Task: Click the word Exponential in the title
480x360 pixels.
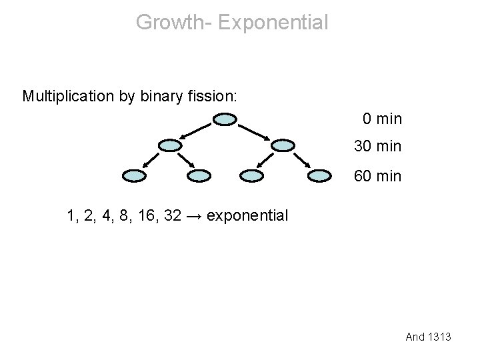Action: (273, 22)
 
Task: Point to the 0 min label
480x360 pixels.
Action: (383, 119)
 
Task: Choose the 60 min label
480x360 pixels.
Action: (378, 176)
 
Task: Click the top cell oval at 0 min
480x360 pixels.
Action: (225, 120)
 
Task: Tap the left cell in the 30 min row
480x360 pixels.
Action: (171, 145)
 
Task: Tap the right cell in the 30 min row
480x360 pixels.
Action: (283, 145)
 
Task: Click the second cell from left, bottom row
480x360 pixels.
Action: (199, 176)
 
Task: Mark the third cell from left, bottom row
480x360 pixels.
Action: (252, 176)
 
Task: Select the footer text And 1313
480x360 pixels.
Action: (429, 337)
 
